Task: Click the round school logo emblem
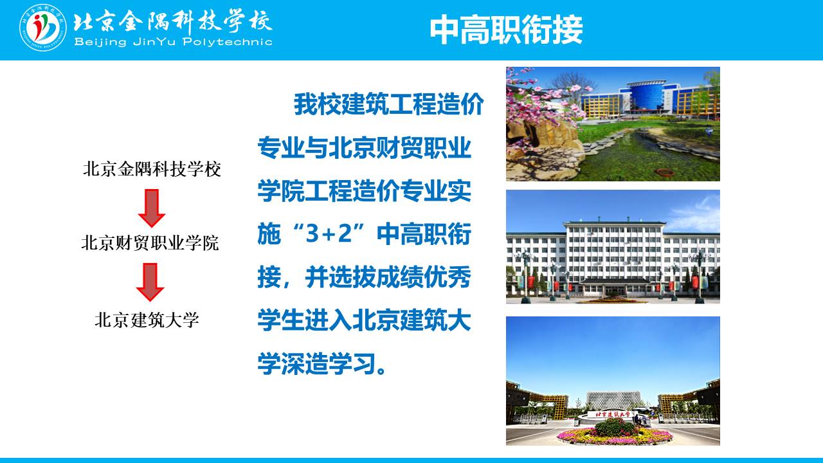(43, 28)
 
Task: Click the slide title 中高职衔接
(506, 30)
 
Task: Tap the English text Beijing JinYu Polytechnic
(173, 42)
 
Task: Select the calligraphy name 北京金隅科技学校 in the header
(173, 21)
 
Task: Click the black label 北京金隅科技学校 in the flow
(152, 169)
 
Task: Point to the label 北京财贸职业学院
(150, 242)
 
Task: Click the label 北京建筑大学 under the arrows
(147, 320)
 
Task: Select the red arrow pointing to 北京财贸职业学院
(151, 208)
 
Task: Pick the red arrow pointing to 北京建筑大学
(150, 282)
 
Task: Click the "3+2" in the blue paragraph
(329, 233)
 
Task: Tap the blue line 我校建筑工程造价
(389, 104)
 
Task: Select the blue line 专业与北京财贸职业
(364, 148)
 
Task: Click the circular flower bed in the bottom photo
(615, 433)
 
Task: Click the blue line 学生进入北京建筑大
(364, 320)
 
